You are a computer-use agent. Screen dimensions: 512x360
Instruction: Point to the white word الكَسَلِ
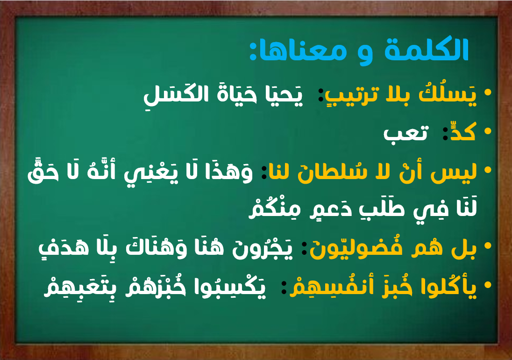pos(170,94)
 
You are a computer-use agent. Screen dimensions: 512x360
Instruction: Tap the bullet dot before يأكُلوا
pos(488,285)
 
